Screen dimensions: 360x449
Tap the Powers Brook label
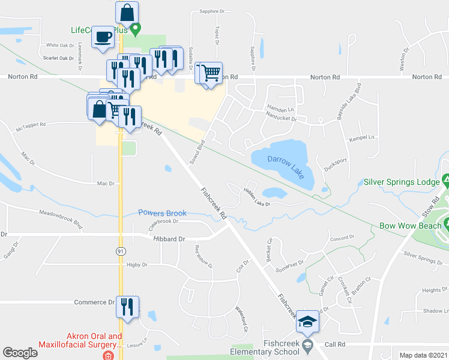[162, 213]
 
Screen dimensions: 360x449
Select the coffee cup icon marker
[102, 37]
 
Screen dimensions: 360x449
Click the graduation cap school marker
[307, 322]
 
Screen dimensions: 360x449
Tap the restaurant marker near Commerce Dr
[127, 306]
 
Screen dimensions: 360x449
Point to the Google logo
[20, 353]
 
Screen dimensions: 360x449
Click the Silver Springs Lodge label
[401, 181]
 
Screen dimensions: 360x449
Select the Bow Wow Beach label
[411, 227]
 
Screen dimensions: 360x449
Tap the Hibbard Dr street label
[172, 238]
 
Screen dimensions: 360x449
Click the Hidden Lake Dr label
[256, 197]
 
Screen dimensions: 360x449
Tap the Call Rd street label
[336, 344]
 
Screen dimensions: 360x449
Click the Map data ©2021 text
[423, 355]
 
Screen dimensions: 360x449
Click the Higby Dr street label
[136, 264]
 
